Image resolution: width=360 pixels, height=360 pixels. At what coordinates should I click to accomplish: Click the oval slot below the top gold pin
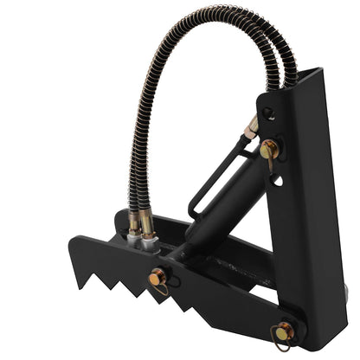point(275,181)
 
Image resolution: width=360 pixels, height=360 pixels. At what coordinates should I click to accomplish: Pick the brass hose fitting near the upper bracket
point(252,130)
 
